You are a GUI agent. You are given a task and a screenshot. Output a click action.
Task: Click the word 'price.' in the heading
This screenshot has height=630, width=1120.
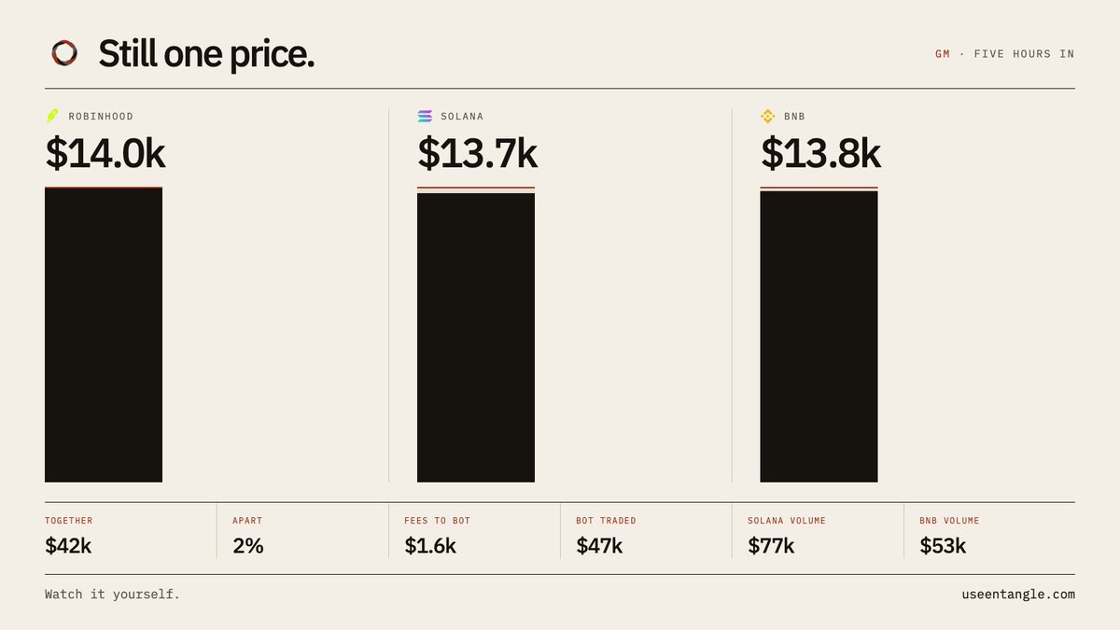(272, 55)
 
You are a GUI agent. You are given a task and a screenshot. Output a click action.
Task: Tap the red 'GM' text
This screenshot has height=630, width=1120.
(943, 54)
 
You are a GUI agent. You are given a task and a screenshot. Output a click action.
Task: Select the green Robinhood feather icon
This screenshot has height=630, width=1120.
(52, 116)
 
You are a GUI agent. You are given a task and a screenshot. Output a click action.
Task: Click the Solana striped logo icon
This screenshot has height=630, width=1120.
(425, 116)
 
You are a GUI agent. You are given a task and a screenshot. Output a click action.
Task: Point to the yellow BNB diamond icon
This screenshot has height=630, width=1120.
(768, 116)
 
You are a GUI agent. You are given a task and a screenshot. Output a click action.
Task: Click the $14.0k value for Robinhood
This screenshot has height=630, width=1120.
(105, 153)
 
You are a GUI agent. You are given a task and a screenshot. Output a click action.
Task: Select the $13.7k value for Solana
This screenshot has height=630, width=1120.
(478, 153)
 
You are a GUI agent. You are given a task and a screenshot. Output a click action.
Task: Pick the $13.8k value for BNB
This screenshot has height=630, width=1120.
(820, 153)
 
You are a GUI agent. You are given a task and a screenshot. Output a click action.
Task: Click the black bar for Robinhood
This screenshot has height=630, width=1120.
(104, 335)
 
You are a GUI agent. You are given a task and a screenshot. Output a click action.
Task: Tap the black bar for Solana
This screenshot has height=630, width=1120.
(476, 338)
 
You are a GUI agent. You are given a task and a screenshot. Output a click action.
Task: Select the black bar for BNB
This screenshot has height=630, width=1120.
(819, 337)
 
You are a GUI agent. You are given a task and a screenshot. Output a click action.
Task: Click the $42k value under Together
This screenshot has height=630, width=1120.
(68, 546)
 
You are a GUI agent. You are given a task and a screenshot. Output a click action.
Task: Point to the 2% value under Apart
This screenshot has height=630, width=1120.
(248, 546)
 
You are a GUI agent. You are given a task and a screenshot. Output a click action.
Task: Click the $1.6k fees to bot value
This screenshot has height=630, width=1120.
(430, 546)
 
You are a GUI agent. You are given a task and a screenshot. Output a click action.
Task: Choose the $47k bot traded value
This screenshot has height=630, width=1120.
(599, 546)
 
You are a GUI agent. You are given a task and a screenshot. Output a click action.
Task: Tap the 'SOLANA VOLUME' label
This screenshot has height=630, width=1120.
(787, 521)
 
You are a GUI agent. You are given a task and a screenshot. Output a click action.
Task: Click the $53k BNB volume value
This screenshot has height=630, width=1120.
(943, 546)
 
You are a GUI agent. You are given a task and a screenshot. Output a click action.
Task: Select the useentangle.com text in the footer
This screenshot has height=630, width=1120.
(1018, 595)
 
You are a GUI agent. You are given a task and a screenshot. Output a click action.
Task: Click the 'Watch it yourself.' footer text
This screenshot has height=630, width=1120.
(112, 595)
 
